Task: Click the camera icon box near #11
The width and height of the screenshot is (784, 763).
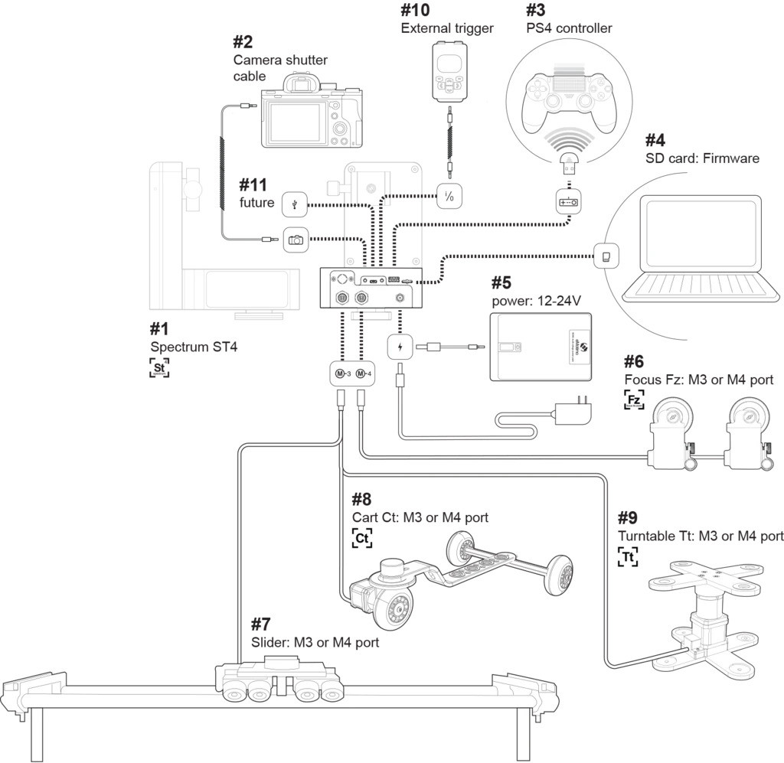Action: pos(296,240)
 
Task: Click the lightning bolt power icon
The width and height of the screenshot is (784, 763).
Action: pos(400,347)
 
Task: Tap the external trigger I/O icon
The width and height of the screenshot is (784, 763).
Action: pos(449,196)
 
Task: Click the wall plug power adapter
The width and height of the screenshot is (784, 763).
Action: pos(574,413)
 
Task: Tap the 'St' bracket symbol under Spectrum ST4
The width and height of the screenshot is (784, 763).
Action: pos(159,367)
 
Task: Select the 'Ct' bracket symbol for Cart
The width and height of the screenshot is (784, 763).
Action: pos(363,538)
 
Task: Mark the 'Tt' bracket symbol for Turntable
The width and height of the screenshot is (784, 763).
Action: pos(628,556)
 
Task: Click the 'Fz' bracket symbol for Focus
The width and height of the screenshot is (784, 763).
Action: pos(634,400)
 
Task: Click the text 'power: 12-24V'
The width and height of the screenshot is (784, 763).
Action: pos(537,299)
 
